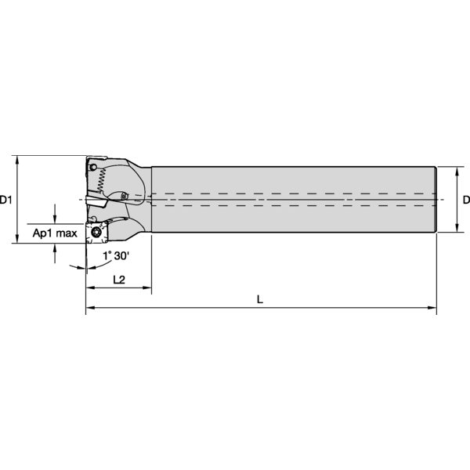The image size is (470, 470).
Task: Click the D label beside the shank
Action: [465, 200]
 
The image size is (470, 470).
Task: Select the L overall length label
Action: [259, 298]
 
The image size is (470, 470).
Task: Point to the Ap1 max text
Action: [54, 233]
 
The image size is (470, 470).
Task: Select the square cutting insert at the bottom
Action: [96, 233]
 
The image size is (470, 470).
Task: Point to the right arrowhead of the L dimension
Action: [432, 309]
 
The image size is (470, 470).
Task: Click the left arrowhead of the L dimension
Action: [89, 309]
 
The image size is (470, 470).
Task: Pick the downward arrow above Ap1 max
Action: [55, 219]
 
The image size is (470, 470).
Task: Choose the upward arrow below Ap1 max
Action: [55, 248]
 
